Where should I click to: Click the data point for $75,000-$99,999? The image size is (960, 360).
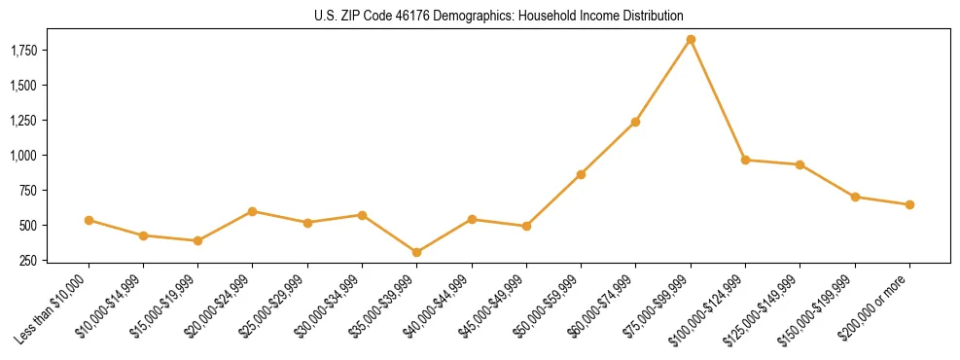(x=691, y=40)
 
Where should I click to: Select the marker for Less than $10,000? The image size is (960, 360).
(x=89, y=220)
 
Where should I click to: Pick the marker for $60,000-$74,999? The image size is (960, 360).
(x=635, y=122)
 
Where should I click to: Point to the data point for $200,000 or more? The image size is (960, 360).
(x=909, y=204)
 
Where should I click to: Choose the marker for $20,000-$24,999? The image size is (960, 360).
(x=252, y=211)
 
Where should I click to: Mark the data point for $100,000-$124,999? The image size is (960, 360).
(x=745, y=160)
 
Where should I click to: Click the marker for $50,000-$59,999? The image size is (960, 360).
(x=581, y=174)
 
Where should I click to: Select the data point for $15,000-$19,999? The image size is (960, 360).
(x=197, y=240)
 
